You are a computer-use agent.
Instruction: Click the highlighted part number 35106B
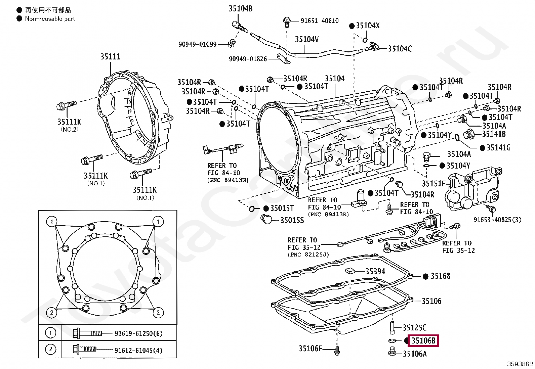tap(423, 340)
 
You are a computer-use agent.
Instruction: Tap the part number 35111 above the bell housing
tap(110, 56)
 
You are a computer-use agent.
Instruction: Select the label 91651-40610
tap(320, 21)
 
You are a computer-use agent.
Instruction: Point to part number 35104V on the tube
tap(307, 39)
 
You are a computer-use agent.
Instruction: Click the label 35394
tap(375, 271)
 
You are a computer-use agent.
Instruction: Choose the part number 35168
tap(441, 276)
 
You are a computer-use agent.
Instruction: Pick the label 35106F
tap(310, 349)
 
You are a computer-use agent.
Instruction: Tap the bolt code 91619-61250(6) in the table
tap(138, 333)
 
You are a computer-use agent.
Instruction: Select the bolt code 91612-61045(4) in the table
tap(138, 351)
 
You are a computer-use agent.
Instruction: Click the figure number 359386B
tap(520, 364)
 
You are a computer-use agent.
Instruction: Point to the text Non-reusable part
tap(50, 19)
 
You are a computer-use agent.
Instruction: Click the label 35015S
tap(292, 220)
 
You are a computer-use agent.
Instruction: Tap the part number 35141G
tap(498, 148)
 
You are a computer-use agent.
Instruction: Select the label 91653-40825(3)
tap(497, 220)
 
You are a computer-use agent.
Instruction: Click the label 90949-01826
tap(248, 59)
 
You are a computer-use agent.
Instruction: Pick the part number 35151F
tap(434, 184)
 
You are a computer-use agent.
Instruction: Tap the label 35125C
tap(414, 328)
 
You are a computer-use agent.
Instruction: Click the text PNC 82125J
tap(308, 255)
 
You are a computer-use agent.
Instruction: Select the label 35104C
tap(400, 49)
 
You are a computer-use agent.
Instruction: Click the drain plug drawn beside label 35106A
tap(392, 351)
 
